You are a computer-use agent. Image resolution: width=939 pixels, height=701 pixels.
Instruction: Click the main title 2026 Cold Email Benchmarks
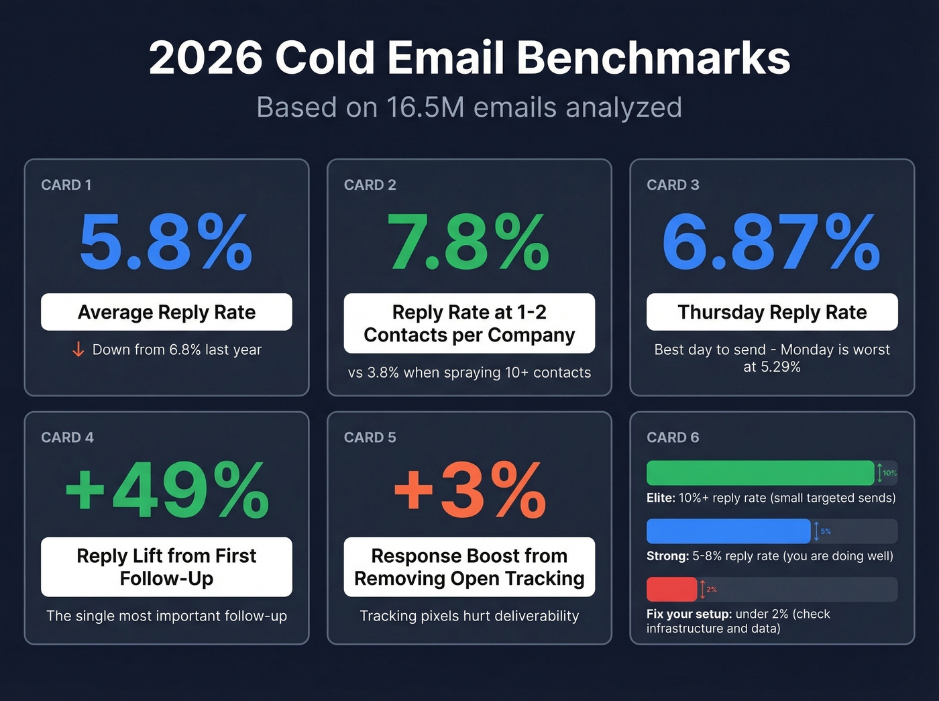[x=469, y=58]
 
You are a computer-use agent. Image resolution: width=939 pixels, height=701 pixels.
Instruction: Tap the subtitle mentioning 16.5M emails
[x=469, y=107]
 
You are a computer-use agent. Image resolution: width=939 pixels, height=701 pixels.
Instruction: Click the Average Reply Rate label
[x=166, y=312]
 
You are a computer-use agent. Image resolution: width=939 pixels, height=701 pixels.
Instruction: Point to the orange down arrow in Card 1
[x=78, y=349]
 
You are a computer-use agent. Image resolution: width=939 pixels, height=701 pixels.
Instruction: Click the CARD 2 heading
[x=370, y=185]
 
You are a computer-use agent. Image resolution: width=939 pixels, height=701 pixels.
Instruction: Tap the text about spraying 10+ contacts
[x=469, y=372]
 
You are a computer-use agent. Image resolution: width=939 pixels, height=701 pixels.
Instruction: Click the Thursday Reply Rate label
[x=772, y=312]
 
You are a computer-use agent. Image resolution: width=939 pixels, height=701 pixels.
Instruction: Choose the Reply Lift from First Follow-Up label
[x=166, y=567]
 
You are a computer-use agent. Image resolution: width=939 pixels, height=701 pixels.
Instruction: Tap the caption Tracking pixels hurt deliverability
[x=469, y=616]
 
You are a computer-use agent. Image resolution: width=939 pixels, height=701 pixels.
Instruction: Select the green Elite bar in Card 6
[x=760, y=473]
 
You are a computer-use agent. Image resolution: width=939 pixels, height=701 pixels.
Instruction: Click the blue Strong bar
[x=728, y=531]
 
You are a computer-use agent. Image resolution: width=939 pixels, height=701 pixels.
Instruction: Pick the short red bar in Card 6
[x=671, y=589]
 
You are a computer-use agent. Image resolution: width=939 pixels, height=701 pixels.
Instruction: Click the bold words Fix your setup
[x=688, y=614]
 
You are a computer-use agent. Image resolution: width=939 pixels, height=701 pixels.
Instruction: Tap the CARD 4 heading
[x=67, y=437]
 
